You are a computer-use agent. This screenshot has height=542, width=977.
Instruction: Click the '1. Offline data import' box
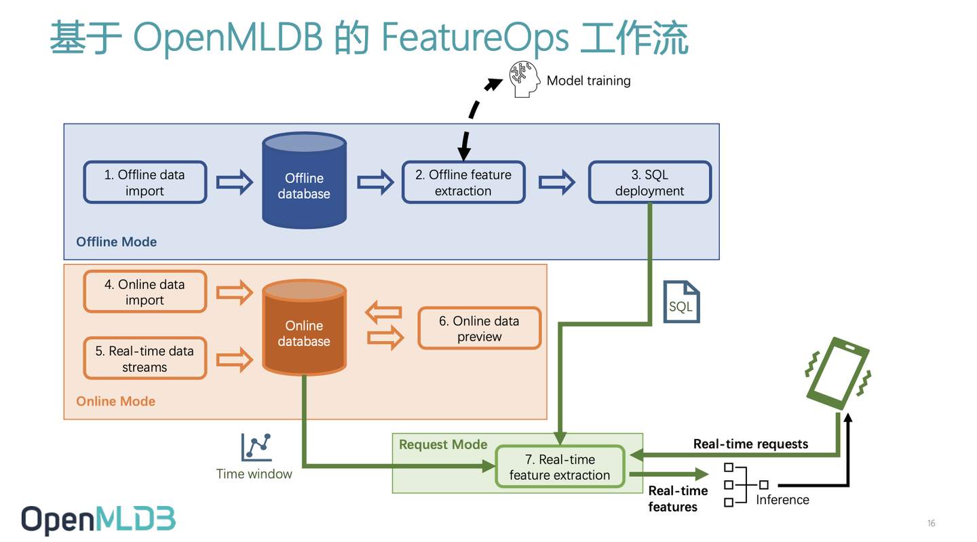(x=145, y=182)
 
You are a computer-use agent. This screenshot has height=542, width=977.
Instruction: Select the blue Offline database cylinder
(x=304, y=181)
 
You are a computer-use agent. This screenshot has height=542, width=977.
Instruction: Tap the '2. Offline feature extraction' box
(x=463, y=182)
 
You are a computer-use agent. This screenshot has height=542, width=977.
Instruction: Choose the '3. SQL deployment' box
(x=649, y=182)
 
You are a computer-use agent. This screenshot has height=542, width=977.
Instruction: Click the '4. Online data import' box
(x=145, y=292)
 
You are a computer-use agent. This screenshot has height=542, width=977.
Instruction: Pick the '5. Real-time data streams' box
(x=145, y=359)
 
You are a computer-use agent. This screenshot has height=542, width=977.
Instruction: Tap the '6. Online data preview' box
(x=479, y=328)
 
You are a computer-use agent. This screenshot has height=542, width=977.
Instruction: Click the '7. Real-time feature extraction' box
(x=560, y=467)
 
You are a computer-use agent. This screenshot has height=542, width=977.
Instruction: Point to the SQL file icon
(x=681, y=303)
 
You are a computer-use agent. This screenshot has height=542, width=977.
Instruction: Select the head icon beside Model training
(x=524, y=79)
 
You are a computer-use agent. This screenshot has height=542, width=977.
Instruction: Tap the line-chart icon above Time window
(x=256, y=448)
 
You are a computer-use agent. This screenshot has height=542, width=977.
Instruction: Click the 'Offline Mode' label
(x=116, y=242)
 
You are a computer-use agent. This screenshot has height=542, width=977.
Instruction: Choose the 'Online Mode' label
(x=115, y=401)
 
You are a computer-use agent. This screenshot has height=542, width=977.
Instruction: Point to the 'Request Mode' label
(x=443, y=444)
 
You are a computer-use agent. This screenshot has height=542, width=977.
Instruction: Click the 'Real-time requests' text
(x=750, y=444)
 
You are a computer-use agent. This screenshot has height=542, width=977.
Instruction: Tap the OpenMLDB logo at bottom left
(x=98, y=520)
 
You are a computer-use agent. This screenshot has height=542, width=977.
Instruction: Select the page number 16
(x=931, y=523)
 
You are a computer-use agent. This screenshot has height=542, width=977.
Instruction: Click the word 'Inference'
(x=782, y=500)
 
